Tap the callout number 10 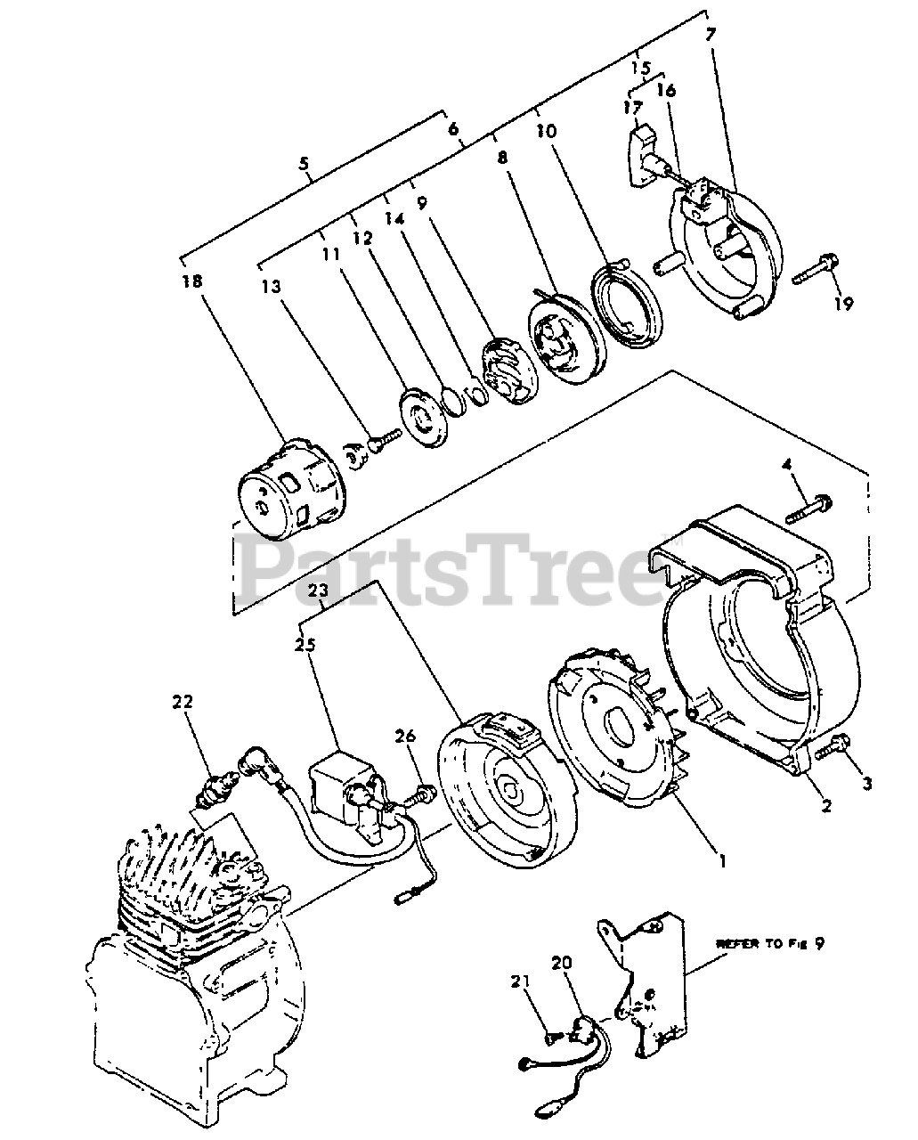(546, 131)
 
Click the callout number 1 (723, 860)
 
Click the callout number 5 (305, 164)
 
